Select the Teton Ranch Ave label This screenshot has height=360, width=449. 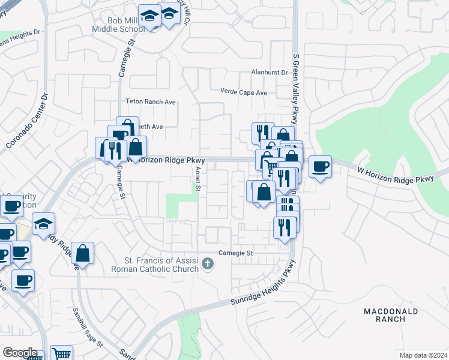[x=151, y=102]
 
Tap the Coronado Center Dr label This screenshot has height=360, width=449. [x=26, y=121]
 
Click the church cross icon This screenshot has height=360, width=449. [x=207, y=264]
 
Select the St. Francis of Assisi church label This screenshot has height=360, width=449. [x=161, y=265]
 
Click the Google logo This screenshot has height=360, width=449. [x=20, y=353]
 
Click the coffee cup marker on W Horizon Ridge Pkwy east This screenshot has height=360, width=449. [x=321, y=167]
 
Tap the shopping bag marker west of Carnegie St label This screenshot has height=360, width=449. [x=84, y=253]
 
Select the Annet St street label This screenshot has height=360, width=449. [x=197, y=178]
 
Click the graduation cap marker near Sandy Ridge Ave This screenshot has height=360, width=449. [x=44, y=224]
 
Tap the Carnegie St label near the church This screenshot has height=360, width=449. [x=236, y=253]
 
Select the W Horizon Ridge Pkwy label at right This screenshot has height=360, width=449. [x=395, y=175]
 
